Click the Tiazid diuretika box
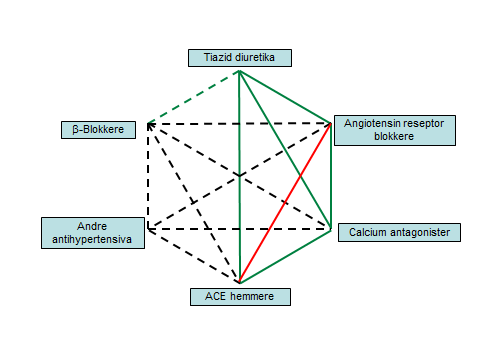point(239,57)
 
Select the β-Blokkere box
point(97,129)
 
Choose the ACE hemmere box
point(240,296)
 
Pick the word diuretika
point(262,57)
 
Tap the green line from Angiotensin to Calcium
point(330,175)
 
